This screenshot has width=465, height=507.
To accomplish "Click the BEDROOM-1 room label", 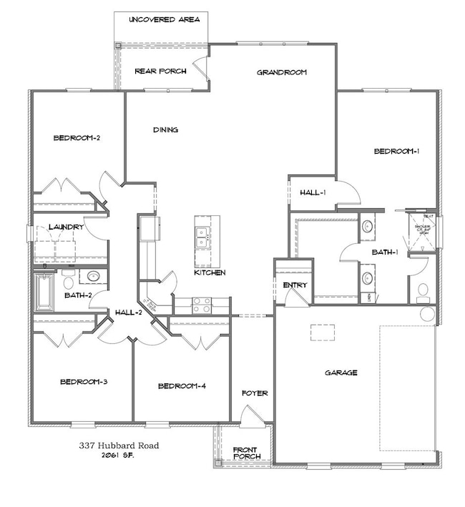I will (396, 151).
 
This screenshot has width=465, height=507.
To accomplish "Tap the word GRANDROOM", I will (282, 72).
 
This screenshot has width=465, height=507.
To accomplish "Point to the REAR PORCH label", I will (161, 71).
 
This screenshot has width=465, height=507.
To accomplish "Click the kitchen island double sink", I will (202, 237).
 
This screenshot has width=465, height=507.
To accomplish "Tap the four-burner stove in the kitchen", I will (201, 305).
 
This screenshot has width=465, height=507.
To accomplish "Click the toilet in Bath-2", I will (68, 276).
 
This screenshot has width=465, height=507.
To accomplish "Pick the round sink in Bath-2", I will (92, 276).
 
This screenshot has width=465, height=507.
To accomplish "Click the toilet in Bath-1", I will (422, 290).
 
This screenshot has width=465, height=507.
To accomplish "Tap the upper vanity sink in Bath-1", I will (367, 227).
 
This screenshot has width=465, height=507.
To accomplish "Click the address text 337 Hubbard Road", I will (119, 445).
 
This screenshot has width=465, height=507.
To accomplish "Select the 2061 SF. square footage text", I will (119, 456).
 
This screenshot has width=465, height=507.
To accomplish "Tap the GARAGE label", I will (341, 373).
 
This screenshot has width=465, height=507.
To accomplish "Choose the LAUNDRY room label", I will (66, 227).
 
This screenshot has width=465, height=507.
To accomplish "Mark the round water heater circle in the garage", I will (427, 313).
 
